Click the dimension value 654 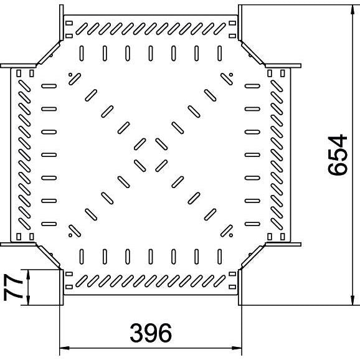(x=338, y=155)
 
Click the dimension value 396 (x=151, y=333)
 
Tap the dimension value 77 (x=13, y=288)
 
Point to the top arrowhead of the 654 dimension (x=352, y=9)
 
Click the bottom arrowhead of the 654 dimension (x=352, y=301)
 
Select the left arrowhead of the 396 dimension (x=64, y=348)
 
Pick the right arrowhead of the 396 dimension (x=237, y=348)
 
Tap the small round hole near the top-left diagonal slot (x=70, y=75)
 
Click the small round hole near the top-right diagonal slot (x=230, y=75)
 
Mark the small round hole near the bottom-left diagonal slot (x=70, y=235)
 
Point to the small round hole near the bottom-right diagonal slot (x=230, y=235)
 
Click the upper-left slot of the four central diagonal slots (x=140, y=144)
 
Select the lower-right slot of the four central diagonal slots (x=161, y=166)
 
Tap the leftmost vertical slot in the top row (x=82, y=54)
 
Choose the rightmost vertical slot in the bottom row (x=219, y=257)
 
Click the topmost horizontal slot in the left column (x=49, y=86)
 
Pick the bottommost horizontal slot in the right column (x=252, y=224)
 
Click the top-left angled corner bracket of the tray (x=49, y=52)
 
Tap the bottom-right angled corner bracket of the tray (x=252, y=257)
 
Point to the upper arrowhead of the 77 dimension (x=28, y=275)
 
